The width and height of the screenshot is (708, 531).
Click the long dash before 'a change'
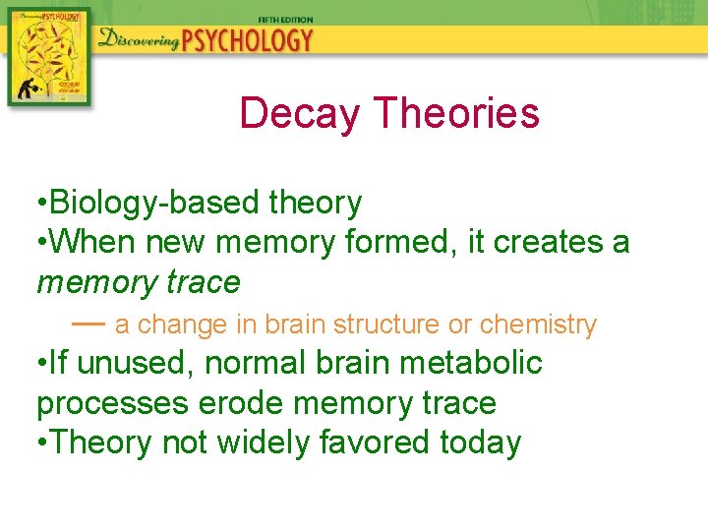pyautogui.click(x=88, y=323)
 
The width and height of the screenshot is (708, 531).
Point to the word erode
pyautogui.click(x=237, y=403)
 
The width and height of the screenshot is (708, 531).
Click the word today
pyautogui.click(x=481, y=442)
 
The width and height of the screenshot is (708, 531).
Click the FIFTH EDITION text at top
pyautogui.click(x=285, y=20)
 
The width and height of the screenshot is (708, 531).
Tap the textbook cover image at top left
pyautogui.click(x=47, y=55)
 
